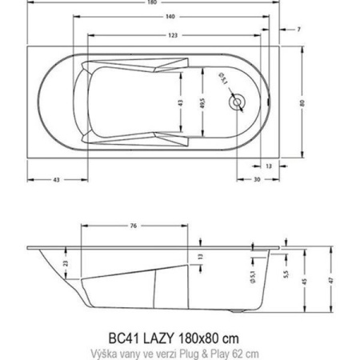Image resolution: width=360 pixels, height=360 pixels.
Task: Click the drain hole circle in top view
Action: coord(238,102)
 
